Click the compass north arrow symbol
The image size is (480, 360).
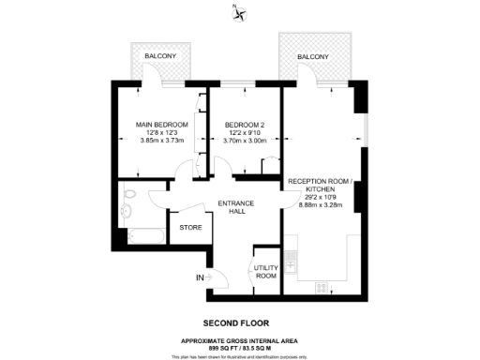click(241, 12)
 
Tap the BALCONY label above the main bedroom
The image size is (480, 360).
click(160, 57)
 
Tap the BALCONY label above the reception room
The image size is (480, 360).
click(313, 57)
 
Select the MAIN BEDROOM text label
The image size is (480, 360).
click(162, 125)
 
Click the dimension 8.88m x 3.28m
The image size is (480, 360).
click(322, 204)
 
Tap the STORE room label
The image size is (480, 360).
click(190, 227)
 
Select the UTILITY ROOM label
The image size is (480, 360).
click(265, 272)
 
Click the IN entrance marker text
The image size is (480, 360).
click(198, 277)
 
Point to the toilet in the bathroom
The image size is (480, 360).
click(132, 194)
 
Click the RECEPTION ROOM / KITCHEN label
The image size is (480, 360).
click(322, 184)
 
